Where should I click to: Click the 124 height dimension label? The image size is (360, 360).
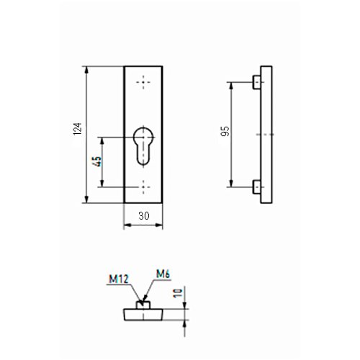click(x=78, y=129)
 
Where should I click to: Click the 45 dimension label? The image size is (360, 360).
click(x=97, y=161)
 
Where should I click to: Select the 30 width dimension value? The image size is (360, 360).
click(x=144, y=216)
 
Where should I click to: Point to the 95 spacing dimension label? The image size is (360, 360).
click(x=225, y=131)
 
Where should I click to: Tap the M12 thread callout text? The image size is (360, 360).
click(x=119, y=279)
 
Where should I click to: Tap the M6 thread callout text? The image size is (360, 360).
click(x=163, y=274)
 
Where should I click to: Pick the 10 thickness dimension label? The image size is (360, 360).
click(x=178, y=293)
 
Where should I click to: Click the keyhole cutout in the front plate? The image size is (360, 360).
click(x=143, y=146)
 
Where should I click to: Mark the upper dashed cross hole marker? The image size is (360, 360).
click(x=143, y=82)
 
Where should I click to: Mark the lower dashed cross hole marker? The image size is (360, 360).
click(x=143, y=187)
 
